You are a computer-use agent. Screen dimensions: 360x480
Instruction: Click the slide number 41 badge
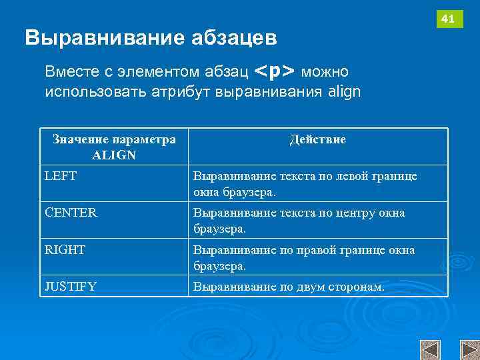click(449, 19)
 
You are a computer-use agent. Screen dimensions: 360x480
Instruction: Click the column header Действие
click(318, 140)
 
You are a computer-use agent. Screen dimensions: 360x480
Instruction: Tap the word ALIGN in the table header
click(114, 155)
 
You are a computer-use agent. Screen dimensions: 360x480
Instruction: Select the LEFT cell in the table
click(61, 177)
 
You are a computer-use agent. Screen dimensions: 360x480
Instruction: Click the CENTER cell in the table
click(71, 213)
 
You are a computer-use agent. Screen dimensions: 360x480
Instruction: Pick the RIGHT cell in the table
click(65, 250)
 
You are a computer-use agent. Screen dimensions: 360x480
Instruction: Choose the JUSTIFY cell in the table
click(71, 287)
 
